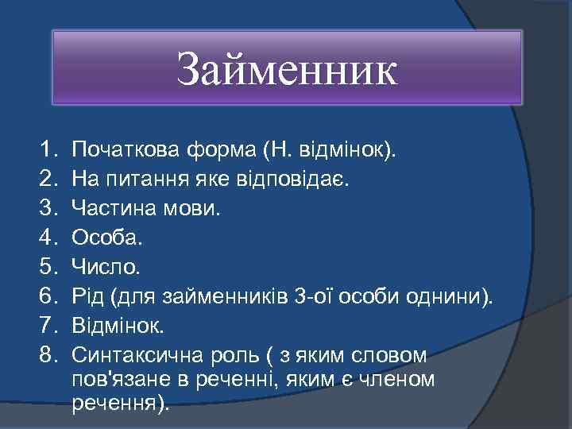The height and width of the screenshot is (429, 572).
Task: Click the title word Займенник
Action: (x=286, y=69)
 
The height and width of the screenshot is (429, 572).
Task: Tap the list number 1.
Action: (x=45, y=149)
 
